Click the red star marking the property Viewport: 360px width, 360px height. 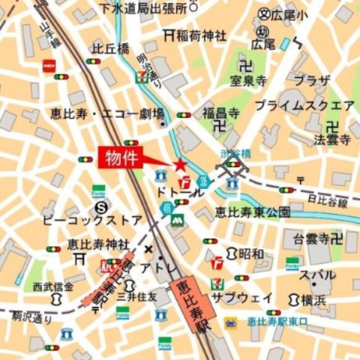(180, 165)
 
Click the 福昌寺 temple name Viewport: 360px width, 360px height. (220, 113)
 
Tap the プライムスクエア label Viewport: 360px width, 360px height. (304, 105)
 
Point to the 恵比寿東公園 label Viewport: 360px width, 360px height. (252, 212)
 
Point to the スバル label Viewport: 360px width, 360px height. (318, 275)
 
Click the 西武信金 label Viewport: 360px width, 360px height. (53, 286)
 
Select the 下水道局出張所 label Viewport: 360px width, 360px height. (144, 9)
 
